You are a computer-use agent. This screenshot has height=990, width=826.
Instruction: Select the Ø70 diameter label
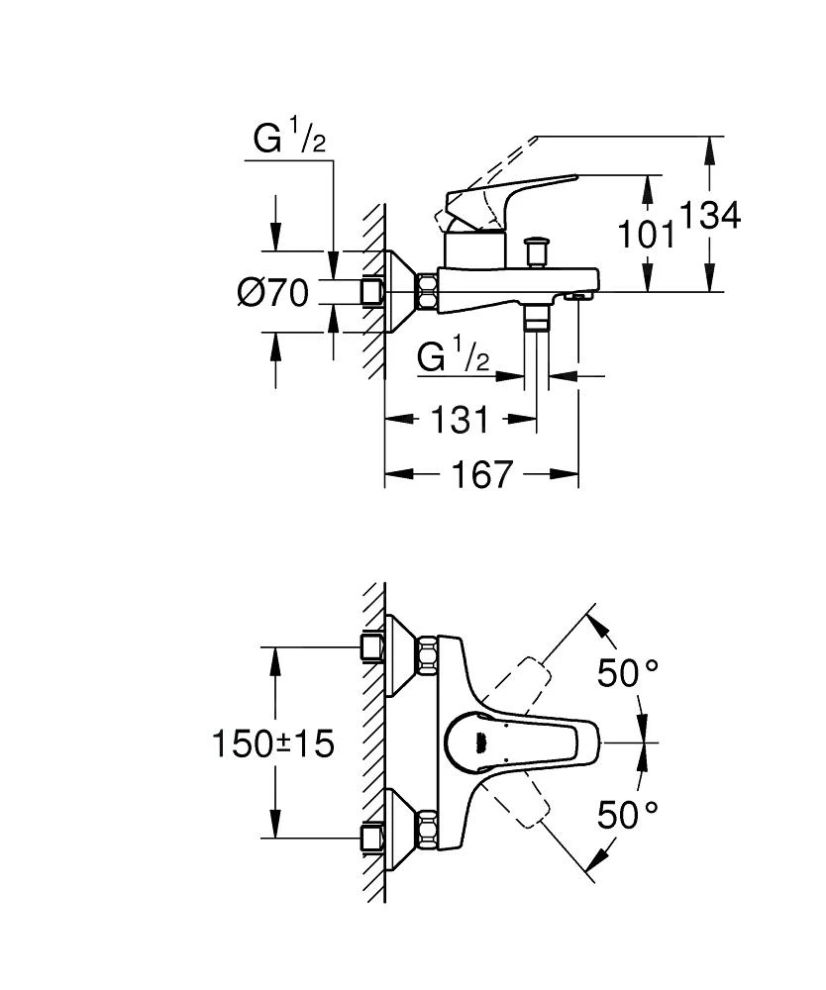point(272,293)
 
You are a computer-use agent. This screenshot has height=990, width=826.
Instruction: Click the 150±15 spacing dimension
point(272,742)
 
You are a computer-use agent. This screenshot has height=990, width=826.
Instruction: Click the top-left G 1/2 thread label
point(289,141)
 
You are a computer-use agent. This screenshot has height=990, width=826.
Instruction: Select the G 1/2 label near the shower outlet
point(454,357)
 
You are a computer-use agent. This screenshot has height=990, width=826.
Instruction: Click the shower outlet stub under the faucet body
point(537,317)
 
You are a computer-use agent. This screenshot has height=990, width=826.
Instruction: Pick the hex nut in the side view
point(429,290)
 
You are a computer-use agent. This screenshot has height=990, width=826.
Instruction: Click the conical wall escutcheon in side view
point(400,290)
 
